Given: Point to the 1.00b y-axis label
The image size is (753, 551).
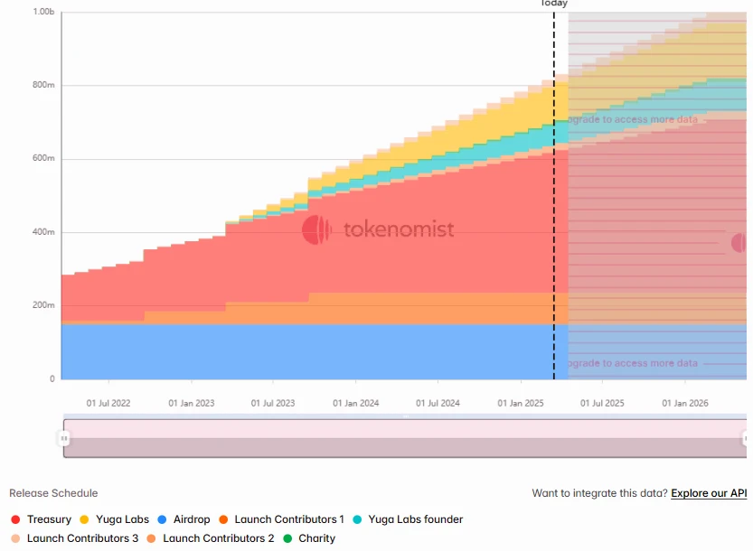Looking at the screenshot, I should point(43,12).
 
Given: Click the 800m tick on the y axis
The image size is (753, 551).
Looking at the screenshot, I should point(44,85).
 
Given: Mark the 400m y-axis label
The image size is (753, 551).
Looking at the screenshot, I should point(44,232).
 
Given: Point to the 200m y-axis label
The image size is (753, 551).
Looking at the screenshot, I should point(44,305).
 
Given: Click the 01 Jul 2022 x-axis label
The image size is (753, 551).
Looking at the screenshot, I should point(108,403).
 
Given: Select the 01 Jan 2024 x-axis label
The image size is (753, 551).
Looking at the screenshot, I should point(355,403).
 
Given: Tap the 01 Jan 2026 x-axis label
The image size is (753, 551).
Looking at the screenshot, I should point(685,403).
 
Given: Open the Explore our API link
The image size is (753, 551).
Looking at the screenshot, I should point(709,493).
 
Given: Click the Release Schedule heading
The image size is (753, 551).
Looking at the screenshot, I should point(53,493).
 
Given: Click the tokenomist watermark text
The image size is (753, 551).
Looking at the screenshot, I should point(399,229).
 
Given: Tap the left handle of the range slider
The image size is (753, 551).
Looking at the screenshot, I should point(64,438).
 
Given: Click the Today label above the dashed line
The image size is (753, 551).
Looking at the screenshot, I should point(554,4).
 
